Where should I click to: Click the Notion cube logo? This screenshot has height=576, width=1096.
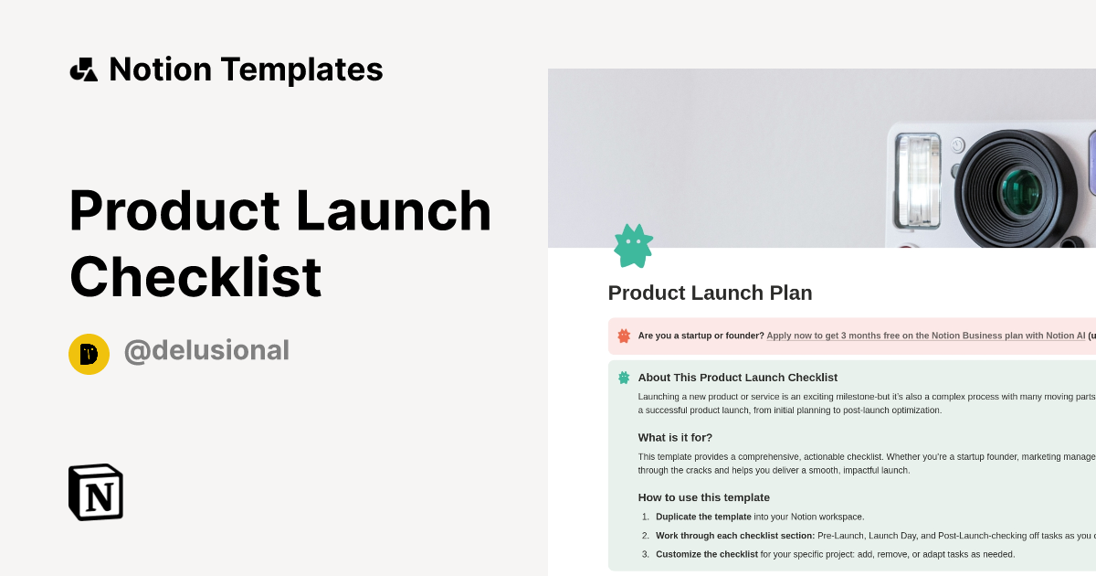click(96, 492)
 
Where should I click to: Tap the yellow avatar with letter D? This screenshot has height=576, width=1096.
click(89, 354)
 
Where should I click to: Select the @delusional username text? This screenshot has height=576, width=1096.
click(206, 350)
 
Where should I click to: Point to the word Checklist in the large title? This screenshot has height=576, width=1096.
click(195, 277)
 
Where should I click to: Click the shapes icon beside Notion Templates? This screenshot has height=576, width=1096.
click(83, 69)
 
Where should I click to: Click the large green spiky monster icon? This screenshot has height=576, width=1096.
click(633, 246)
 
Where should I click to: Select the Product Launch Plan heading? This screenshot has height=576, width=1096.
click(710, 293)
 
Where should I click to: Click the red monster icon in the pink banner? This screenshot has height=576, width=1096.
click(624, 336)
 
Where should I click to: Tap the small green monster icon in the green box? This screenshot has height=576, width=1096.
click(624, 377)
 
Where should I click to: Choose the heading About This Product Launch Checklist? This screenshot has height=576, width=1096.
click(737, 377)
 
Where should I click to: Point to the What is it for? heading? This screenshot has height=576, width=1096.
click(675, 437)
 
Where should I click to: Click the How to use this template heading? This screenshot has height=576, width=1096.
click(703, 497)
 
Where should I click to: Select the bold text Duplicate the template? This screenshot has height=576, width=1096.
click(702, 517)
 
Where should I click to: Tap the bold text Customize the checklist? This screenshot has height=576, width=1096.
click(706, 554)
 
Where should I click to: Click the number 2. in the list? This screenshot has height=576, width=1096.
click(645, 536)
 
